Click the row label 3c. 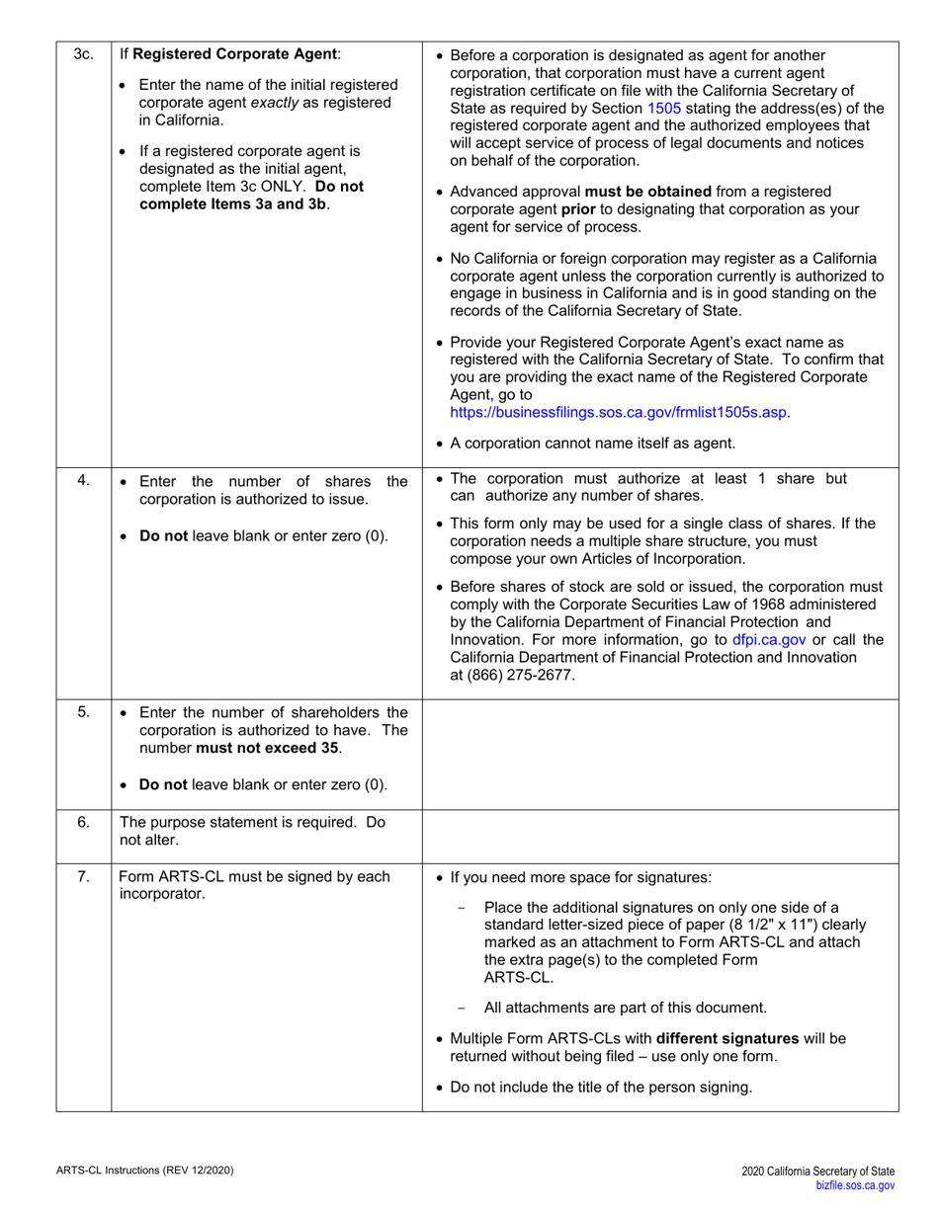point(83,54)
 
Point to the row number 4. point(83,480)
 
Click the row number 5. point(83,711)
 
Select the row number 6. point(83,822)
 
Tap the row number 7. point(83,876)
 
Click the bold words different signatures point(726,1038)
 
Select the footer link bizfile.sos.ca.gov point(855,1185)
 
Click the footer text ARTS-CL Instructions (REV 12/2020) point(144,1171)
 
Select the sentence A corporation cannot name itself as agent point(592,443)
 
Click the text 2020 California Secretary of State point(818,1172)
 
